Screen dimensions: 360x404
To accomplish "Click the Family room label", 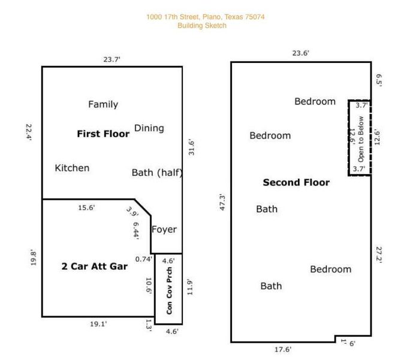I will click(x=103, y=104).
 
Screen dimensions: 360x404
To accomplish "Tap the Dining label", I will click(x=149, y=128).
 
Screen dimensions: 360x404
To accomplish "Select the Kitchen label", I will click(x=72, y=168).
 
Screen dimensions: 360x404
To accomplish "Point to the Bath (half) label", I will click(x=156, y=173).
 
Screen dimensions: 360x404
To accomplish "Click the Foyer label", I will click(x=164, y=229).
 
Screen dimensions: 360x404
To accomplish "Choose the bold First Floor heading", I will click(x=103, y=134).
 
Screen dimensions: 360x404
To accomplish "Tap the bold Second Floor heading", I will click(x=296, y=182).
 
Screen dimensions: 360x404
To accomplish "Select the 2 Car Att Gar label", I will click(x=95, y=266).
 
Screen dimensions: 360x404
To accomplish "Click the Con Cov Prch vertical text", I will click(x=170, y=290).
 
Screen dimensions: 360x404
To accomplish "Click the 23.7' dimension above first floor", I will click(x=111, y=59).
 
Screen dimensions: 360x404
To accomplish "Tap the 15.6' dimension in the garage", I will click(x=86, y=208).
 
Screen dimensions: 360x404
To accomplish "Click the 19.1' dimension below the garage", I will click(x=98, y=324).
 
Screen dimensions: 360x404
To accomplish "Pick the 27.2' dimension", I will click(x=378, y=254).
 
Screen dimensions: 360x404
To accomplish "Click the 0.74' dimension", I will click(x=143, y=259).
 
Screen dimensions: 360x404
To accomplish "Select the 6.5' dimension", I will click(x=378, y=80).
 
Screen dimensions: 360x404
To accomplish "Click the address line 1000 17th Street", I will click(x=205, y=17).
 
